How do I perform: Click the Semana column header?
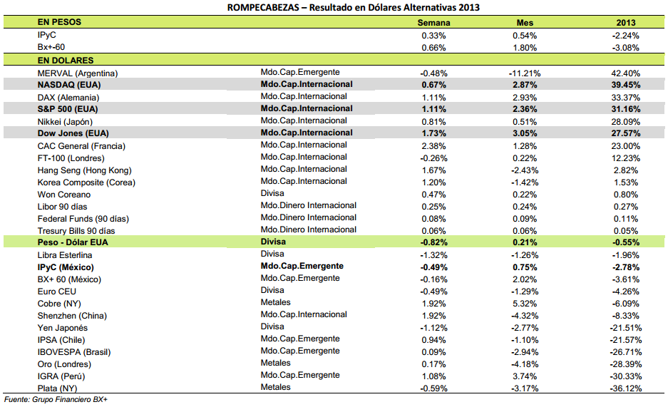(x=433, y=23)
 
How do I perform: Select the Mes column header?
(x=525, y=23)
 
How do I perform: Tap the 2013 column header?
(x=626, y=23)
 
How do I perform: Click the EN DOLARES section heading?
(x=66, y=61)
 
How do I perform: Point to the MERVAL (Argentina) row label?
(x=78, y=73)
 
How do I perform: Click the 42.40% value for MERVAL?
(x=626, y=73)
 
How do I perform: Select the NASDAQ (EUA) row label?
(x=69, y=85)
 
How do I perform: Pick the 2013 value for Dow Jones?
(x=626, y=133)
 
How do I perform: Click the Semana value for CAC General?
(x=433, y=146)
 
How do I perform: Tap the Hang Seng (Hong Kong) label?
(x=84, y=170)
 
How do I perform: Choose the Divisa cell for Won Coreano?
(x=272, y=193)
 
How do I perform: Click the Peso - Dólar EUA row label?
(x=73, y=242)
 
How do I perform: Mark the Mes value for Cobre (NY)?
(x=525, y=304)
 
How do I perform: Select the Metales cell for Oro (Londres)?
(x=276, y=363)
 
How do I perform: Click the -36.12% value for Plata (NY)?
(x=626, y=388)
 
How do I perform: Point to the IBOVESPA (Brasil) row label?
(x=74, y=352)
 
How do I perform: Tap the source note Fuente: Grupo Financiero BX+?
(x=56, y=399)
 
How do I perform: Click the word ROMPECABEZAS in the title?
(x=263, y=7)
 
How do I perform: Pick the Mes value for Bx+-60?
(x=525, y=48)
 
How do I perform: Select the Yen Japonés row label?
(x=63, y=328)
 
